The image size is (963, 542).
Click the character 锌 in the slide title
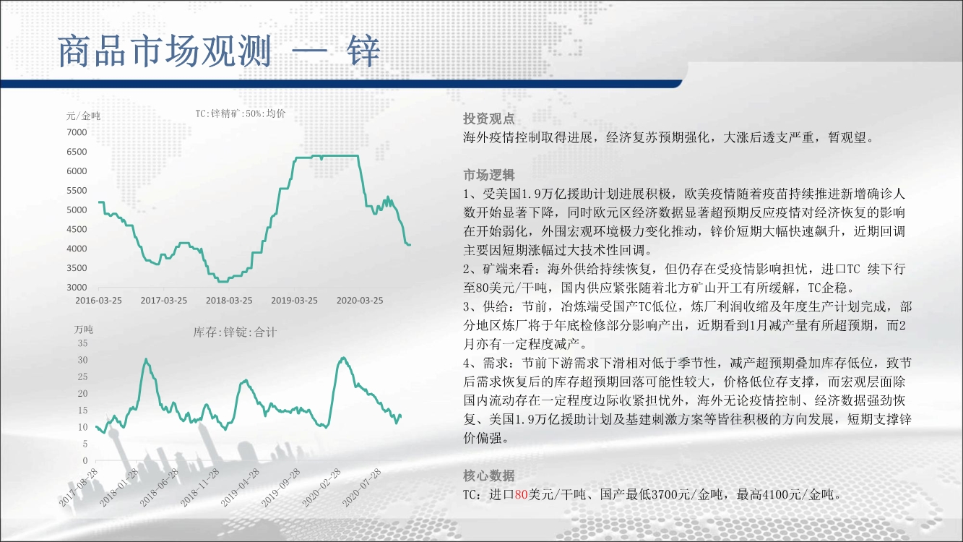click(363, 51)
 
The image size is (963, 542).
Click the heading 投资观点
click(489, 119)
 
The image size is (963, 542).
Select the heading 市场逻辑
click(489, 175)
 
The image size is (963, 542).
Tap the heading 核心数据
click(489, 476)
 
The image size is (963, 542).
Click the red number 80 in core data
click(521, 495)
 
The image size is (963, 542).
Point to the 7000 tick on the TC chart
click(77, 132)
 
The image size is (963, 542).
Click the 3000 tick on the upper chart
click(77, 287)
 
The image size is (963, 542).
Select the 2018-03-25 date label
click(229, 300)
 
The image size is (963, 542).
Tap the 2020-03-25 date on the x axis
click(360, 300)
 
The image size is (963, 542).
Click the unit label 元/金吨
click(83, 116)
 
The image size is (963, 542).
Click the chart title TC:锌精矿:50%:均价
click(241, 113)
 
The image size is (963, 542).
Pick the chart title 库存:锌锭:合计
click(235, 332)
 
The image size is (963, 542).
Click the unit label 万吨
click(83, 330)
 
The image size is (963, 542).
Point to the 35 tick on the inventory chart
click(82, 343)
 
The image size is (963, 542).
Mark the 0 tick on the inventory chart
click(85, 460)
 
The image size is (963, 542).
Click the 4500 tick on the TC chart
click(77, 229)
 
